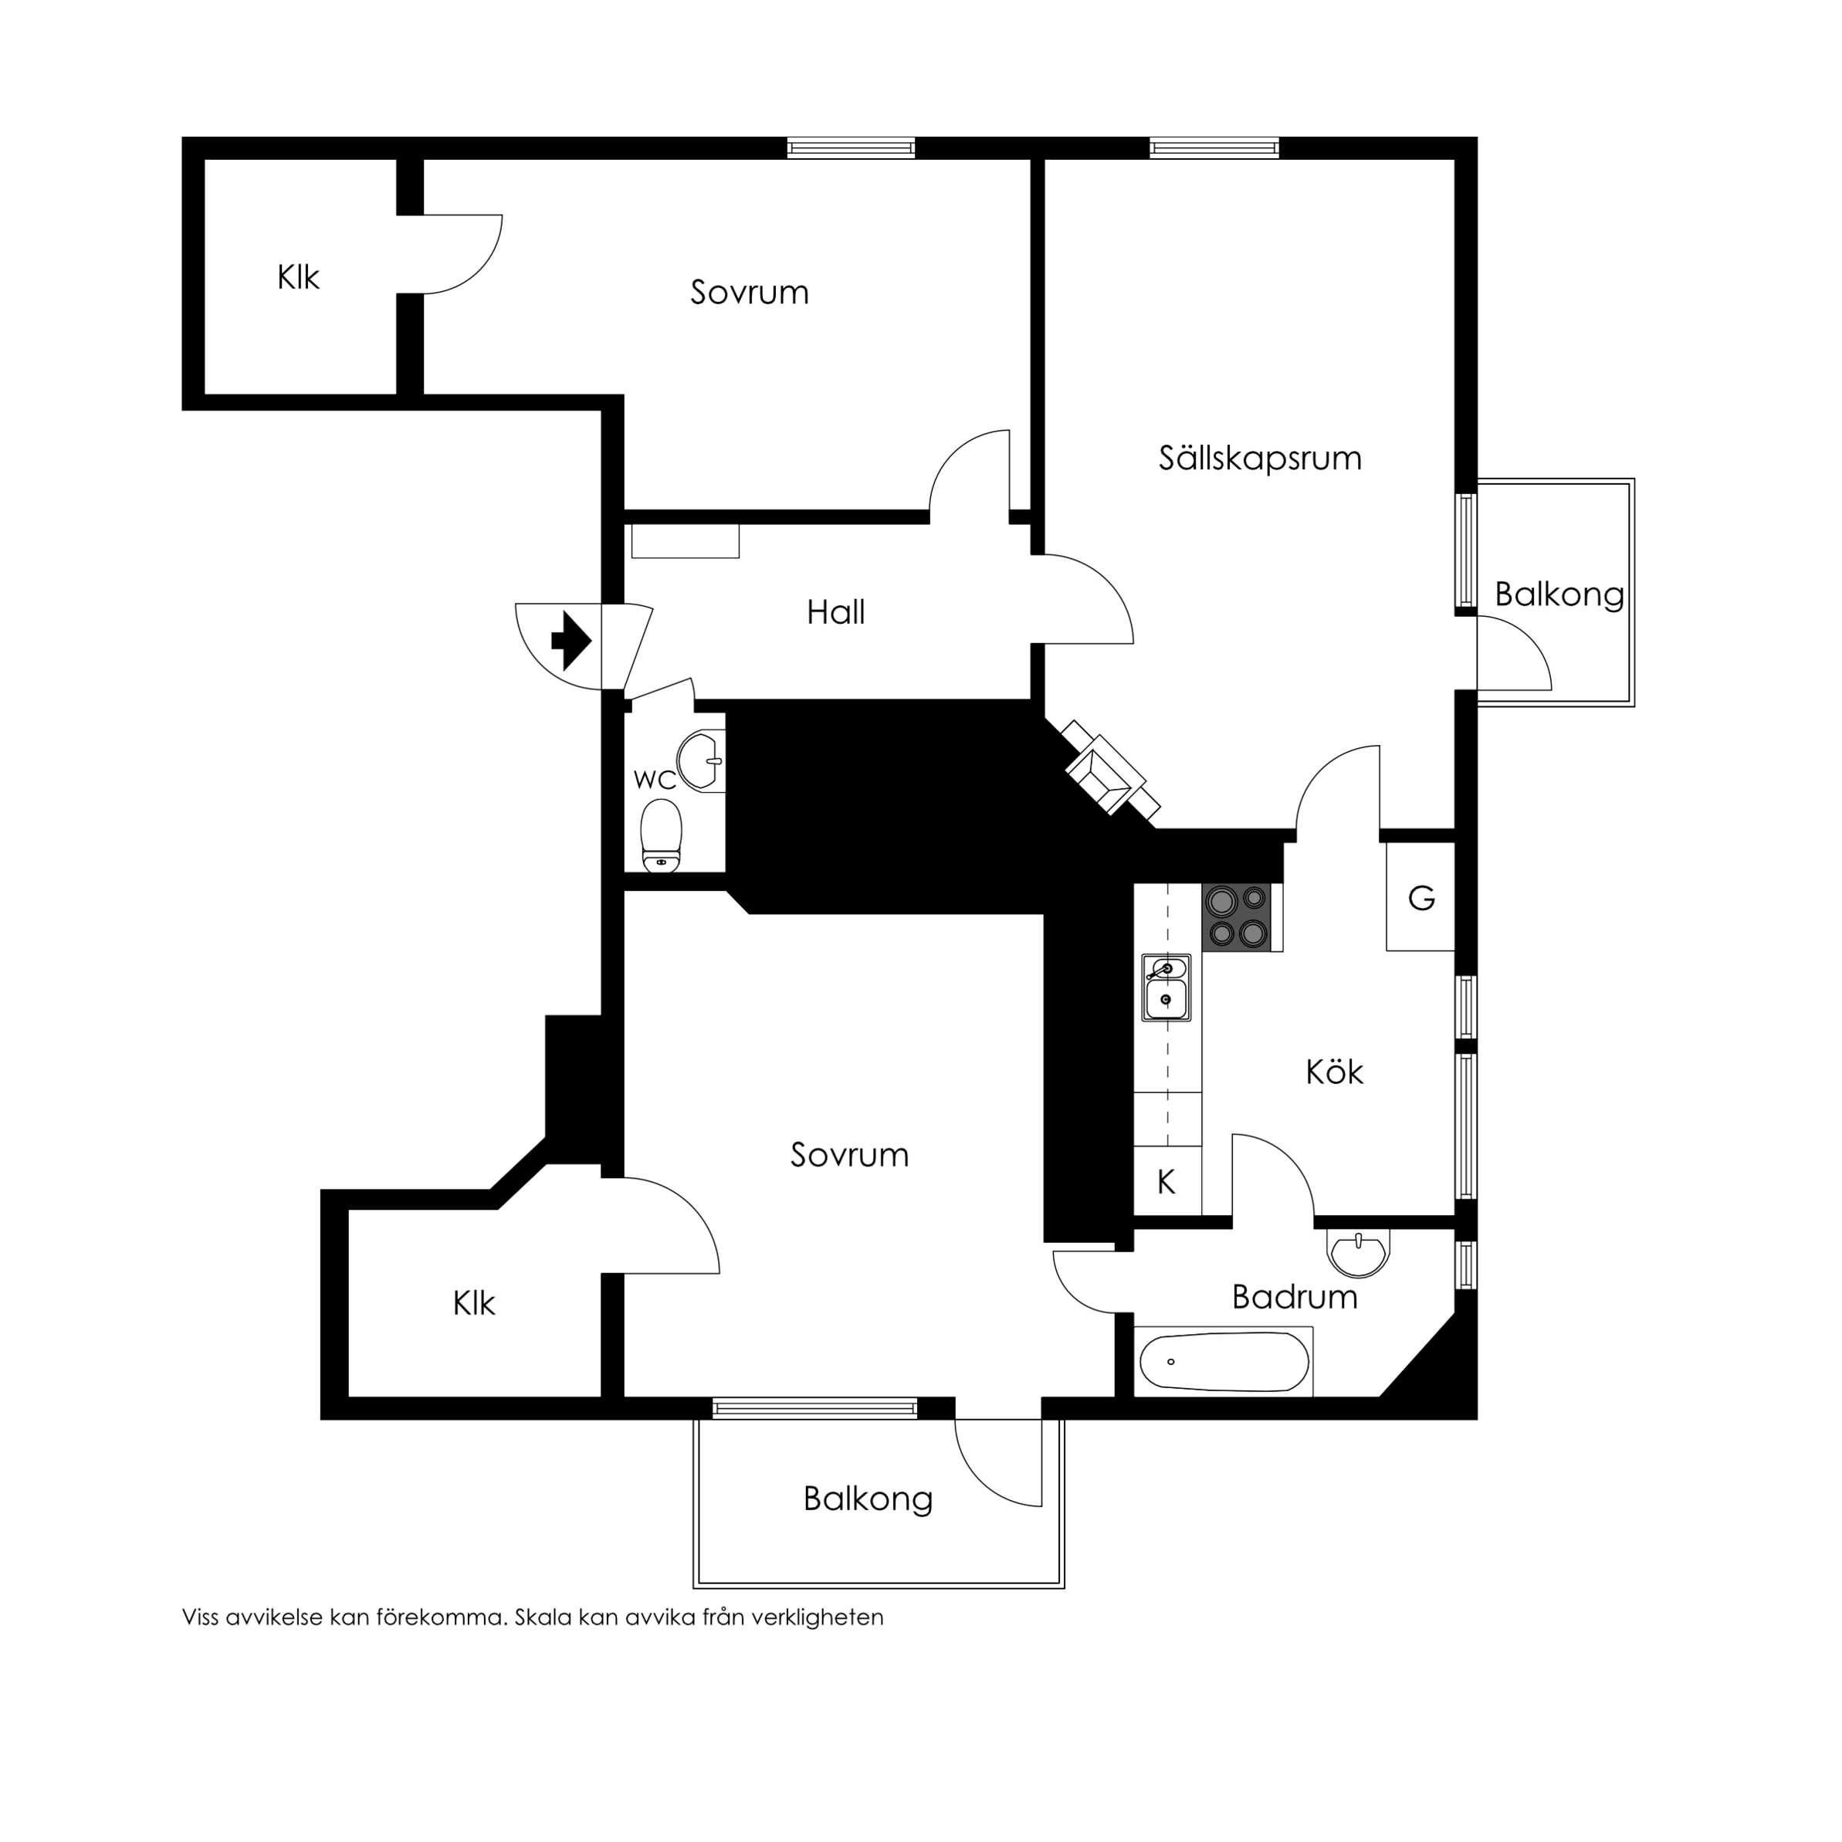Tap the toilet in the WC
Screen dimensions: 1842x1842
pyautogui.click(x=662, y=836)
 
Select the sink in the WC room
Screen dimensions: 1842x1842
pyautogui.click(x=703, y=761)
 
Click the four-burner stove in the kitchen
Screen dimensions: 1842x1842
pyautogui.click(x=1238, y=917)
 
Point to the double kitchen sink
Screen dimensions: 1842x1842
pyautogui.click(x=1166, y=987)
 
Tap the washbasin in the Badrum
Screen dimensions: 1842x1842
pyautogui.click(x=1358, y=1253)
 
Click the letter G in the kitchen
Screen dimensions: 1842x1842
pyautogui.click(x=1421, y=898)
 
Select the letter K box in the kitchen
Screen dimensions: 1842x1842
pyautogui.click(x=1166, y=1182)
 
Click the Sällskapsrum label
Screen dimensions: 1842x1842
pyautogui.click(x=1259, y=459)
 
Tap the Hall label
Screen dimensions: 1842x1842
pyautogui.click(x=835, y=612)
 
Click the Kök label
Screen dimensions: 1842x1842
pyautogui.click(x=1334, y=1072)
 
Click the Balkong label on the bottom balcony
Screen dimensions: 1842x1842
pyautogui.click(x=868, y=1498)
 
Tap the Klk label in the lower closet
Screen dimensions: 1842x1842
pyautogui.click(x=474, y=1303)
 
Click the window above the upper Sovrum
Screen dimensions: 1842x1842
pyautogui.click(x=852, y=147)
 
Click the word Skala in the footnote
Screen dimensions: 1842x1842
pyautogui.click(x=543, y=1618)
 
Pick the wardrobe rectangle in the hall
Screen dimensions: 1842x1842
pyautogui.click(x=685, y=541)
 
